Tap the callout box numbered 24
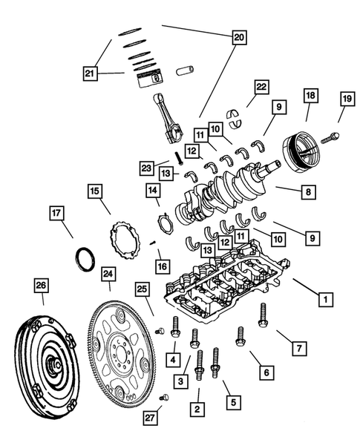[x=109, y=276]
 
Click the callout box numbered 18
[x=310, y=96]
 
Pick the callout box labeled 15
[x=94, y=191]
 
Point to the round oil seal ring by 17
[x=85, y=259]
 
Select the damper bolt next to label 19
[x=332, y=137]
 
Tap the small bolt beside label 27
[x=165, y=398]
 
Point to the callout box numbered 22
[x=261, y=88]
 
